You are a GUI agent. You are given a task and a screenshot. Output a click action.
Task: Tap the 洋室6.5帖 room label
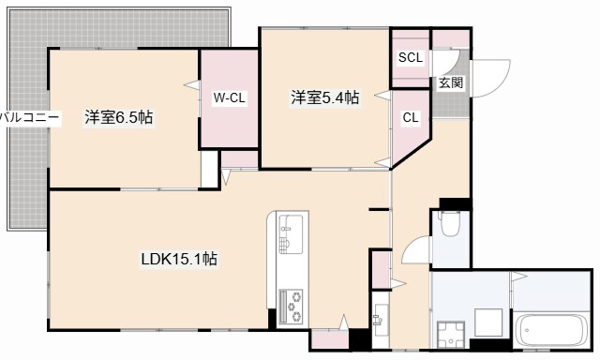coord(119,118)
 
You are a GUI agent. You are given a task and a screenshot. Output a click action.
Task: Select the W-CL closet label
coord(229,98)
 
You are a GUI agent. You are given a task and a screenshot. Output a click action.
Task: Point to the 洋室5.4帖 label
coord(324,96)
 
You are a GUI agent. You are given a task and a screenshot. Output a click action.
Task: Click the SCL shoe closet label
coord(411,57)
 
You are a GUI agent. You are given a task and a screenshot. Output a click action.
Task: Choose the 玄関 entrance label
coord(450,82)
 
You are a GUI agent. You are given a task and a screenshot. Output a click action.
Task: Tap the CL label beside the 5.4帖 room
coord(411,118)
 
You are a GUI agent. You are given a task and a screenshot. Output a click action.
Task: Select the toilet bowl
coord(448,224)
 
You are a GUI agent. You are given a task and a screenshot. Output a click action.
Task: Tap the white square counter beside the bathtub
coord(488,323)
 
